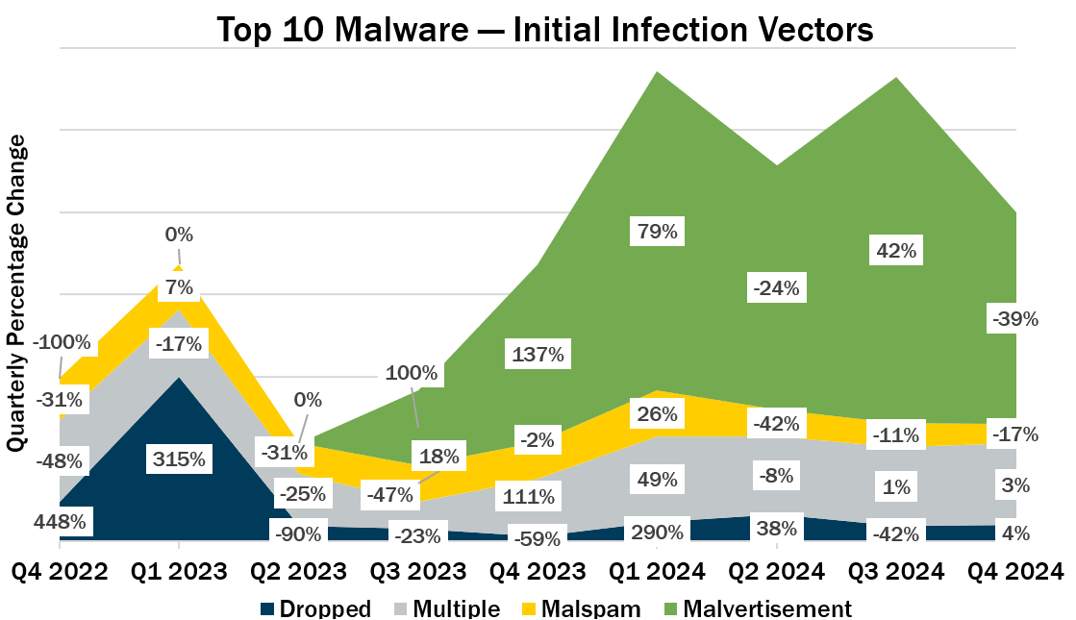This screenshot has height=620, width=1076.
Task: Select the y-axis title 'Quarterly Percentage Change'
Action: pos(16,293)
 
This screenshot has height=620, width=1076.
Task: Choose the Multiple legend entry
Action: pos(449,608)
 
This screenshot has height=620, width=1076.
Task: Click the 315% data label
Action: pos(179,459)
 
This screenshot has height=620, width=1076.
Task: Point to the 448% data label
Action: pos(62,523)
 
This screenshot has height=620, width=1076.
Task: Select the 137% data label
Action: pos(538,355)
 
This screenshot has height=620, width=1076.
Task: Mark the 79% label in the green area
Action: pos(657,231)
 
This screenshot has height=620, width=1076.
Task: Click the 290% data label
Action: pos(657,530)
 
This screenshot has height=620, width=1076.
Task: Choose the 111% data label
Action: pos(529,497)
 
